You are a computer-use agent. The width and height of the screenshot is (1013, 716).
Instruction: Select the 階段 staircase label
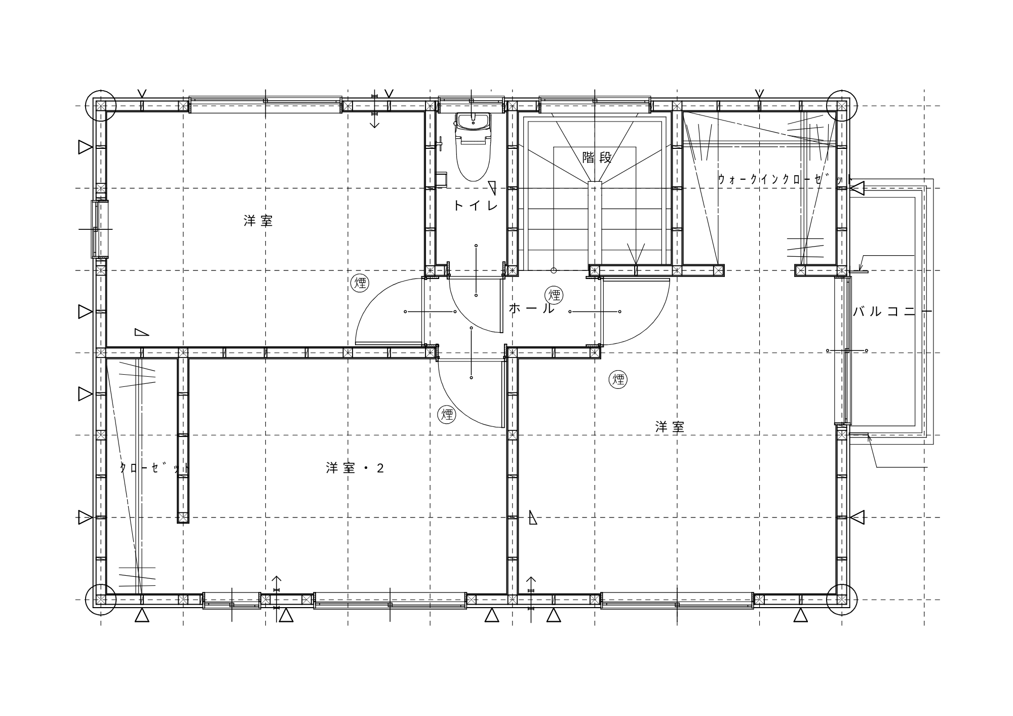pyautogui.click(x=597, y=157)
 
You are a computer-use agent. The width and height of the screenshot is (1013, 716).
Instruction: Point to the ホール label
pyautogui.click(x=531, y=308)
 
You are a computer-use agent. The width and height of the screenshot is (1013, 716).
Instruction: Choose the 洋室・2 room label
pyautogui.click(x=355, y=468)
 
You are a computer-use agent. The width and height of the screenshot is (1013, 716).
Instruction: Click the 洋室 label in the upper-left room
pyautogui.click(x=258, y=221)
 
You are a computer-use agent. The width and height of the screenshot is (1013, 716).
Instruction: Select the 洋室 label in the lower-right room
pyautogui.click(x=670, y=427)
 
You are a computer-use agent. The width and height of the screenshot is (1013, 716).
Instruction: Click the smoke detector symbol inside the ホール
pyautogui.click(x=554, y=294)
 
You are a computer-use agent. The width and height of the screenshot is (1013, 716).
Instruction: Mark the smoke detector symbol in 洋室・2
pyautogui.click(x=447, y=415)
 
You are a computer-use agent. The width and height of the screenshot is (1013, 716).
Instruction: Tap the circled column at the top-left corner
pyautogui.click(x=101, y=106)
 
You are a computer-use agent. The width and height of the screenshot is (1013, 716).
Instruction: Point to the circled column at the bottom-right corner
pyautogui.click(x=842, y=600)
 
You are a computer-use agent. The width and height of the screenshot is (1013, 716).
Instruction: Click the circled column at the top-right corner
pyautogui.click(x=842, y=106)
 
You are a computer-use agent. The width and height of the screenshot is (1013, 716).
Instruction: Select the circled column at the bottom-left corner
pyautogui.click(x=101, y=600)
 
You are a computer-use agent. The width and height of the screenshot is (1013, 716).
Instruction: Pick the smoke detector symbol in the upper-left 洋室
pyautogui.click(x=360, y=283)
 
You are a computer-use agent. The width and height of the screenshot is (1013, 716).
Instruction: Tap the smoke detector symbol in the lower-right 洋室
pyautogui.click(x=618, y=379)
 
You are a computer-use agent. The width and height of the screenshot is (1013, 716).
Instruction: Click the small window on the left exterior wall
pyautogui.click(x=100, y=229)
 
